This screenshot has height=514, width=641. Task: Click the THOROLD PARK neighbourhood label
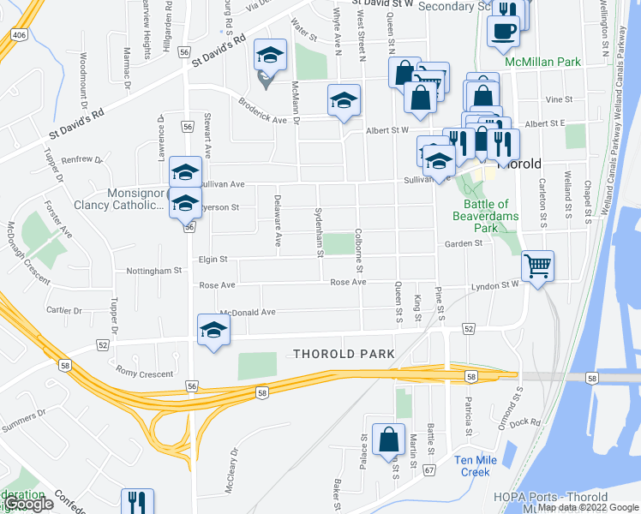pos(344,354)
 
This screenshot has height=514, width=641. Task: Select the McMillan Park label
pos(542,63)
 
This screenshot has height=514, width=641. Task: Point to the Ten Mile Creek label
pos(472,466)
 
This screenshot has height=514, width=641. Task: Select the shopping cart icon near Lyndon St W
pos(537,265)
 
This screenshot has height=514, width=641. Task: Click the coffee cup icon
pos(503,29)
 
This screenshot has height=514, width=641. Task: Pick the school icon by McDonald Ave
pos(213,330)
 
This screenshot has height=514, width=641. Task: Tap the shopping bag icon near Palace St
pos(388,439)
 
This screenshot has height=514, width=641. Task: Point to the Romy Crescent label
pos(144,374)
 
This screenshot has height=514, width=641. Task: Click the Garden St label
pos(464,243)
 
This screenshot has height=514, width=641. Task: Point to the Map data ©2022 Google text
pos(588,507)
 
